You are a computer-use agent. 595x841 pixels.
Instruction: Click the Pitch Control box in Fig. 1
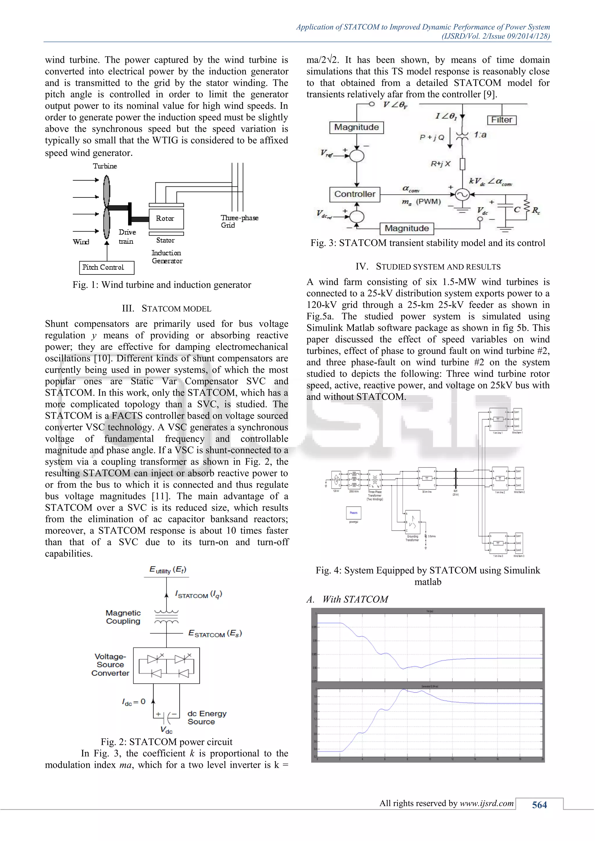click(x=107, y=267)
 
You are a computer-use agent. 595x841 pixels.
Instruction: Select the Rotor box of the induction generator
click(x=166, y=219)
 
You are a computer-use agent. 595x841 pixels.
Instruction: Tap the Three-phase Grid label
click(x=239, y=221)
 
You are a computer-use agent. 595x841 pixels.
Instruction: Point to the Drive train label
click(x=127, y=237)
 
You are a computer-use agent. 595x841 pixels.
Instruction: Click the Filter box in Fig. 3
click(x=501, y=120)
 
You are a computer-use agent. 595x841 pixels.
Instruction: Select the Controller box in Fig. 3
click(x=355, y=194)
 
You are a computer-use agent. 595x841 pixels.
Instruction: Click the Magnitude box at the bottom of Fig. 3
click(x=406, y=228)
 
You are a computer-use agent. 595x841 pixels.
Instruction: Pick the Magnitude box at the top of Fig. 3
click(x=356, y=127)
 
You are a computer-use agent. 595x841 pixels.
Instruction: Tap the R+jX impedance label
click(x=440, y=164)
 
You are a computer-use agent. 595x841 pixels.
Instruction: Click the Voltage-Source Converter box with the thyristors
click(x=166, y=665)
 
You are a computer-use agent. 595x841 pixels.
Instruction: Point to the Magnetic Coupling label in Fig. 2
click(x=123, y=617)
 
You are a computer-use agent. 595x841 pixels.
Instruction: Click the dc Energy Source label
click(x=207, y=718)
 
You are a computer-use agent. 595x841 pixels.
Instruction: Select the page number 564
click(x=539, y=805)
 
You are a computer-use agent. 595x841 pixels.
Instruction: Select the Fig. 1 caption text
click(x=162, y=285)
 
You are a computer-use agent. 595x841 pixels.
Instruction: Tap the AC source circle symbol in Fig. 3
click(x=462, y=195)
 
